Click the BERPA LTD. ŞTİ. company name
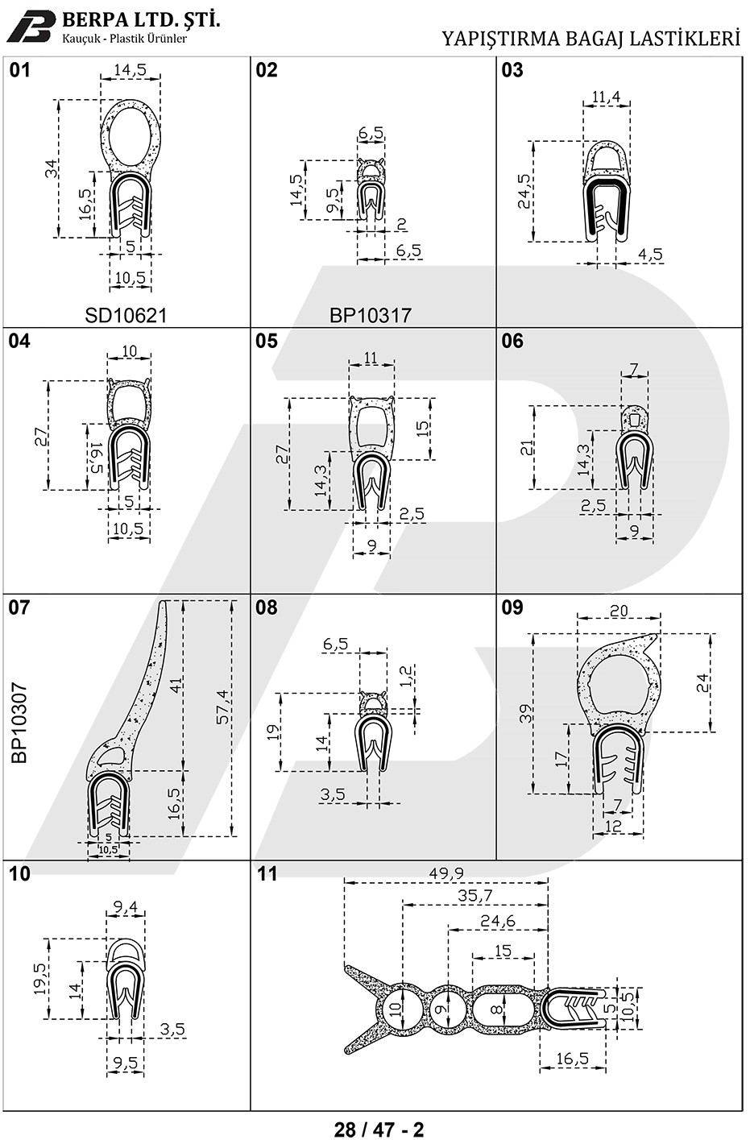(141, 21)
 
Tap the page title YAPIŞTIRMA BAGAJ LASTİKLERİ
(590, 39)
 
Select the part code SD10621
(126, 316)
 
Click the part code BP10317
(370, 316)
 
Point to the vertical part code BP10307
(19, 723)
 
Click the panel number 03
(512, 70)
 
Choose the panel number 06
(512, 341)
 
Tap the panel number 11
(267, 874)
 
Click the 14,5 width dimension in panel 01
(130, 70)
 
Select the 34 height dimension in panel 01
(51, 168)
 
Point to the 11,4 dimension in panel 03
(606, 97)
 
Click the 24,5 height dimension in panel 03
(524, 191)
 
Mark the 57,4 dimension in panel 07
(223, 707)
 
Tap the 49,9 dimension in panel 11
(446, 873)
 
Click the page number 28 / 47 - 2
(379, 1128)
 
